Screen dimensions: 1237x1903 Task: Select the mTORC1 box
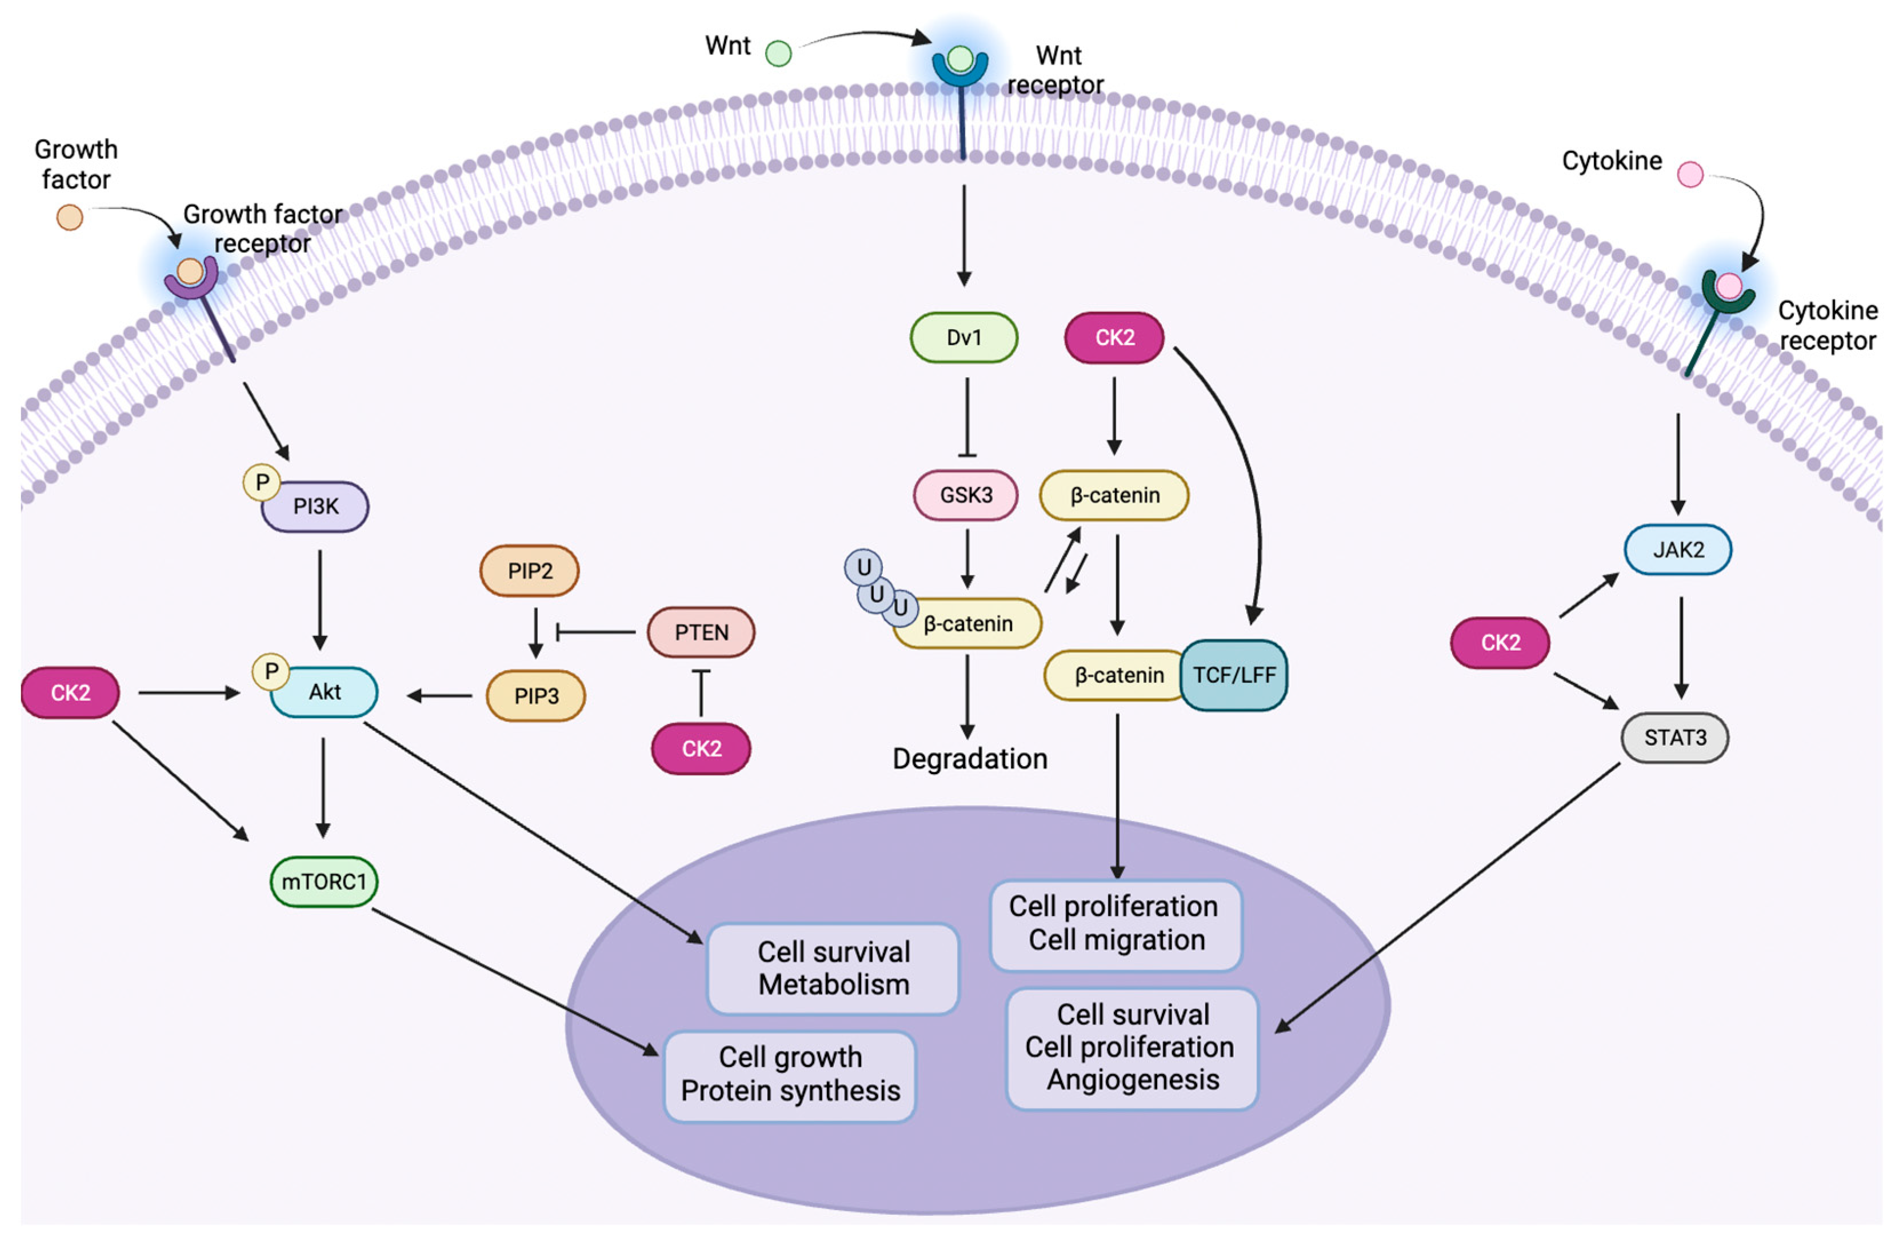click(x=324, y=881)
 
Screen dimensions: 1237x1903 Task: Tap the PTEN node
click(x=701, y=632)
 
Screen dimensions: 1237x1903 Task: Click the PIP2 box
click(x=529, y=571)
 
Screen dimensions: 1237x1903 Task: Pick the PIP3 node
click(x=535, y=696)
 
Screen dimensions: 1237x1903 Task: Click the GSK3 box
click(x=965, y=495)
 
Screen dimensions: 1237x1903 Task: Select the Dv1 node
click(x=964, y=338)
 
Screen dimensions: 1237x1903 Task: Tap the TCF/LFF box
click(x=1233, y=675)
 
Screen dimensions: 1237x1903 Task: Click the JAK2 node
click(x=1677, y=549)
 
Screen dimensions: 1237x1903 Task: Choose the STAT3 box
click(x=1674, y=737)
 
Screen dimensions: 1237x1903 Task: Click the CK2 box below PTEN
click(x=701, y=748)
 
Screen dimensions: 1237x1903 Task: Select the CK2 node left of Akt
click(x=70, y=692)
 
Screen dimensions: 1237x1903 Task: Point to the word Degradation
click(x=969, y=758)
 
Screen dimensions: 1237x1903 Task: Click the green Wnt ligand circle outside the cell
click(x=778, y=54)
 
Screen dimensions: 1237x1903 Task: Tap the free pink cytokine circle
click(x=1689, y=174)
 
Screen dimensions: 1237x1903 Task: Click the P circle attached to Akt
click(x=271, y=671)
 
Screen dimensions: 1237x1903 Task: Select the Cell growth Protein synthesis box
click(x=789, y=1075)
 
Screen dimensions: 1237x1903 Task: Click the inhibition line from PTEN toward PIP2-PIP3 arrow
click(x=595, y=632)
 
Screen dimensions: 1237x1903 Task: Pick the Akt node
click(x=325, y=692)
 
